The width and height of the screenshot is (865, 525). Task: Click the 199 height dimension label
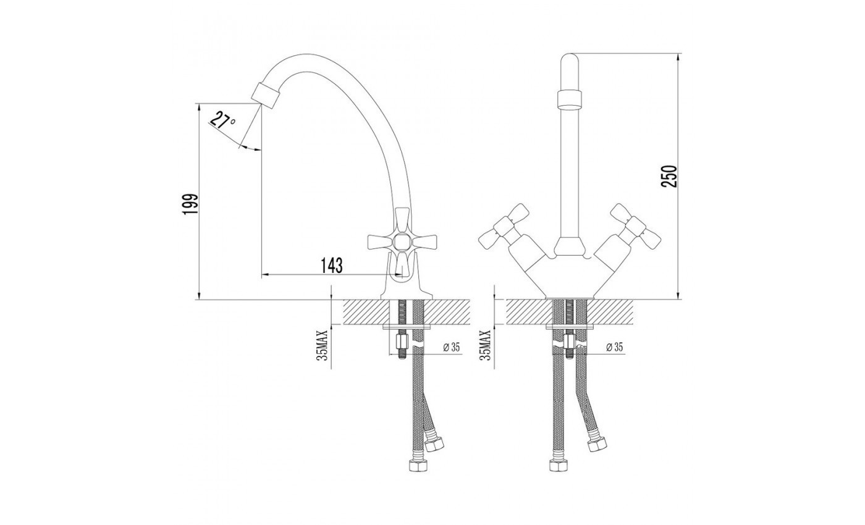pyautogui.click(x=191, y=204)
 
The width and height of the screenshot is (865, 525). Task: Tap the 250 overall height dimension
pyautogui.click(x=670, y=177)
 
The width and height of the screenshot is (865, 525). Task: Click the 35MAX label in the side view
pyautogui.click(x=322, y=345)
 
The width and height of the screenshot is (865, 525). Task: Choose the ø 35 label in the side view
pyautogui.click(x=452, y=347)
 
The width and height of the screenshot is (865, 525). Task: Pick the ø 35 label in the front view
pyautogui.click(x=614, y=347)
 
